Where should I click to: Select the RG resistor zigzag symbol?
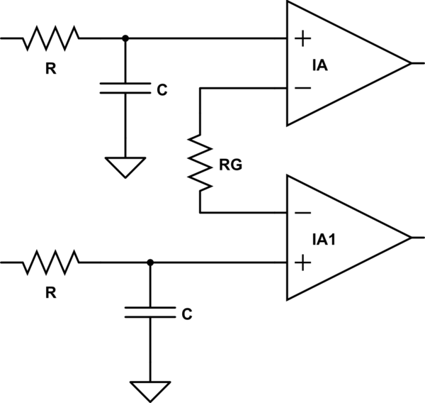coord(200,165)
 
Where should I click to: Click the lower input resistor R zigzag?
coord(52,263)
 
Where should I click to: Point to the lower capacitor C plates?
coord(149,312)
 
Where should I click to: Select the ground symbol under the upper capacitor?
coord(125,168)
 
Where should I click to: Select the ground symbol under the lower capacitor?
coord(149,391)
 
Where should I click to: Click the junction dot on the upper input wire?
coord(125,38)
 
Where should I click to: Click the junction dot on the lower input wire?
coord(149,263)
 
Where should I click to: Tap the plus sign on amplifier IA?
coord(302,38)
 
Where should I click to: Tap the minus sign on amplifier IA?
coord(302,88)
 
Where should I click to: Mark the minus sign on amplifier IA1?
coord(302,212)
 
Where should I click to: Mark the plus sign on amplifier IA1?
coord(302,263)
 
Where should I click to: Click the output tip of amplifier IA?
coord(410,63)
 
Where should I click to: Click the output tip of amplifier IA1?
coord(410,237)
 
